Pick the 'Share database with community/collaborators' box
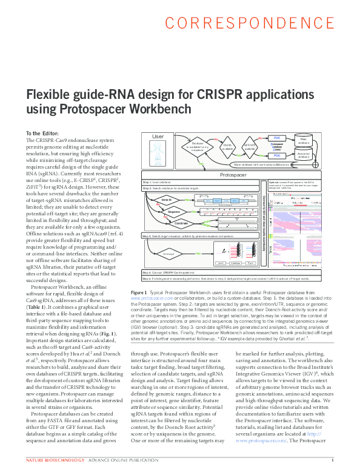(270, 164)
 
